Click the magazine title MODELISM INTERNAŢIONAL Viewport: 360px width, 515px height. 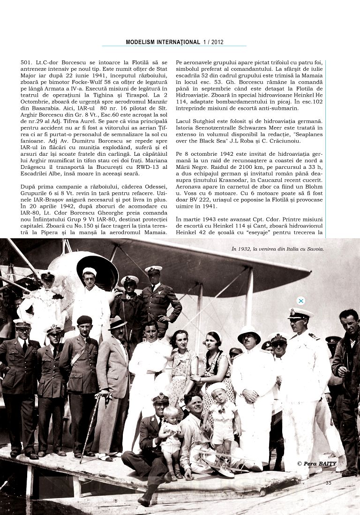(x=163, y=42)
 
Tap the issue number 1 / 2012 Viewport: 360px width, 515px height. (x=213, y=42)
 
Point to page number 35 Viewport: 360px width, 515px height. (x=328, y=483)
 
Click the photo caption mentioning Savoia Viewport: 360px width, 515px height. (x=277, y=249)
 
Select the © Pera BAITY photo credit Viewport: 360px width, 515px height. (x=316, y=463)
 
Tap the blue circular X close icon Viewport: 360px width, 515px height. (x=301, y=301)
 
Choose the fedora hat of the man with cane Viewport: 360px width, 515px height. (x=117, y=323)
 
